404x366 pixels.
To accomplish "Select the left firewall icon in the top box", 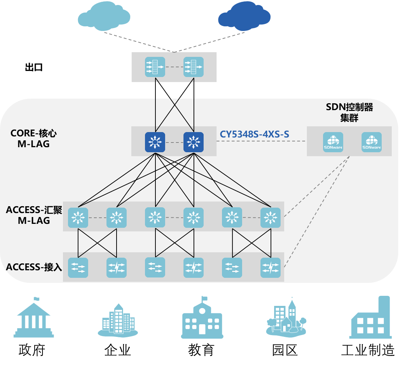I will pos(155,67).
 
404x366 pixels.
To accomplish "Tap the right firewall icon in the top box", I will pos(194,67).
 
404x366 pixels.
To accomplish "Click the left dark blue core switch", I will pos(155,142).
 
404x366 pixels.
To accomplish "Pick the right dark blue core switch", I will pos(194,142).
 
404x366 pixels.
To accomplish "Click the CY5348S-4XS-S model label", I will pos(254,135).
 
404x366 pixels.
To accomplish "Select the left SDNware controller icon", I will pos(333,142).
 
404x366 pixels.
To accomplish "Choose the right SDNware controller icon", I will pos(371,142).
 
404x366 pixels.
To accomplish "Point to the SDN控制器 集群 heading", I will pos(349,112).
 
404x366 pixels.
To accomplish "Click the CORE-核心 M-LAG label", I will pos(33,139).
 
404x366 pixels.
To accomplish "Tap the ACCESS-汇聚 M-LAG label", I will pos(34,215).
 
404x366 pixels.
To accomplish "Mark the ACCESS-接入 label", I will pos(34,267).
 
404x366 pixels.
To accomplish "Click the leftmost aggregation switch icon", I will pos(78,218).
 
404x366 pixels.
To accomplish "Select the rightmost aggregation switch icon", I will pos(271,218).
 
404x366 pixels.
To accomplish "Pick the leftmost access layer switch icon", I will pos(78,268).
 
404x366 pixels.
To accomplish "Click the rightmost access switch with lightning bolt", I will pos(271,268).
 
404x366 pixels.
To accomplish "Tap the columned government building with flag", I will pos(35,318).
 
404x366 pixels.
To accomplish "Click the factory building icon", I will pos(371,318).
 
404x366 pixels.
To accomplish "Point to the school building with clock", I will pos(202,318).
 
